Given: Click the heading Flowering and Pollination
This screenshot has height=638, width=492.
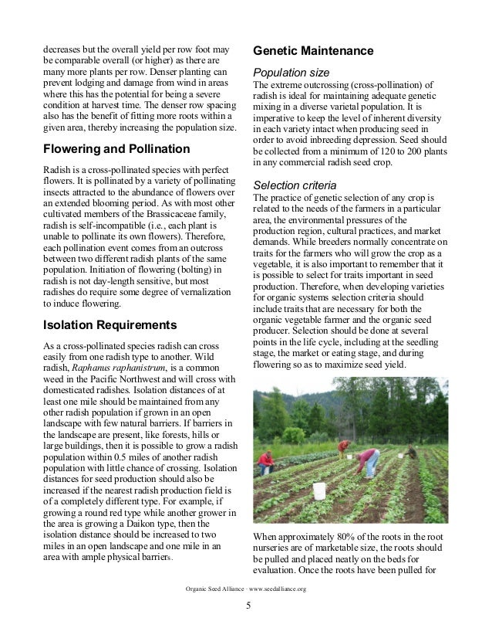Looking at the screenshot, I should tap(116, 148).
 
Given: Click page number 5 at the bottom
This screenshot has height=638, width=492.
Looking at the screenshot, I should tap(248, 605).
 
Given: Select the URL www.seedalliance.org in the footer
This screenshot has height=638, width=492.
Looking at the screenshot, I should tap(277, 589).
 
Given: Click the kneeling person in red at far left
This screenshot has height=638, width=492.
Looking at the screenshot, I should tap(266, 462).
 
